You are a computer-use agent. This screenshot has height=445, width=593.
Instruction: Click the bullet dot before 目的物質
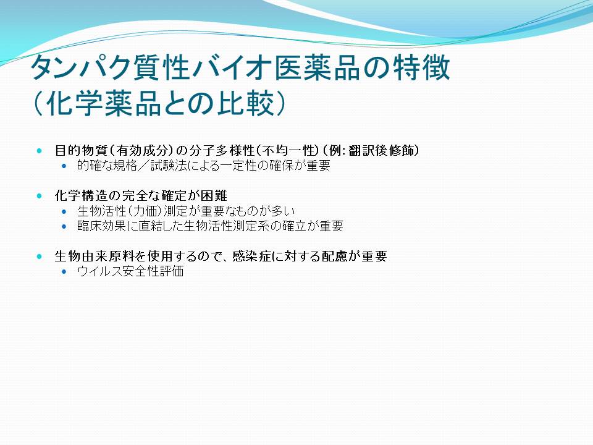(x=40, y=151)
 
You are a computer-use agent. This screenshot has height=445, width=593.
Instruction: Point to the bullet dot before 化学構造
(x=40, y=196)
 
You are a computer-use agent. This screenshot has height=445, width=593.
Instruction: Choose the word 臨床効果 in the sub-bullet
(x=101, y=226)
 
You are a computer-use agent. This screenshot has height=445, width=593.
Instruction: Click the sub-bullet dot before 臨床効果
(x=64, y=227)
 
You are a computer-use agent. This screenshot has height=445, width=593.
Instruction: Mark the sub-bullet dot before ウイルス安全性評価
(x=64, y=272)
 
